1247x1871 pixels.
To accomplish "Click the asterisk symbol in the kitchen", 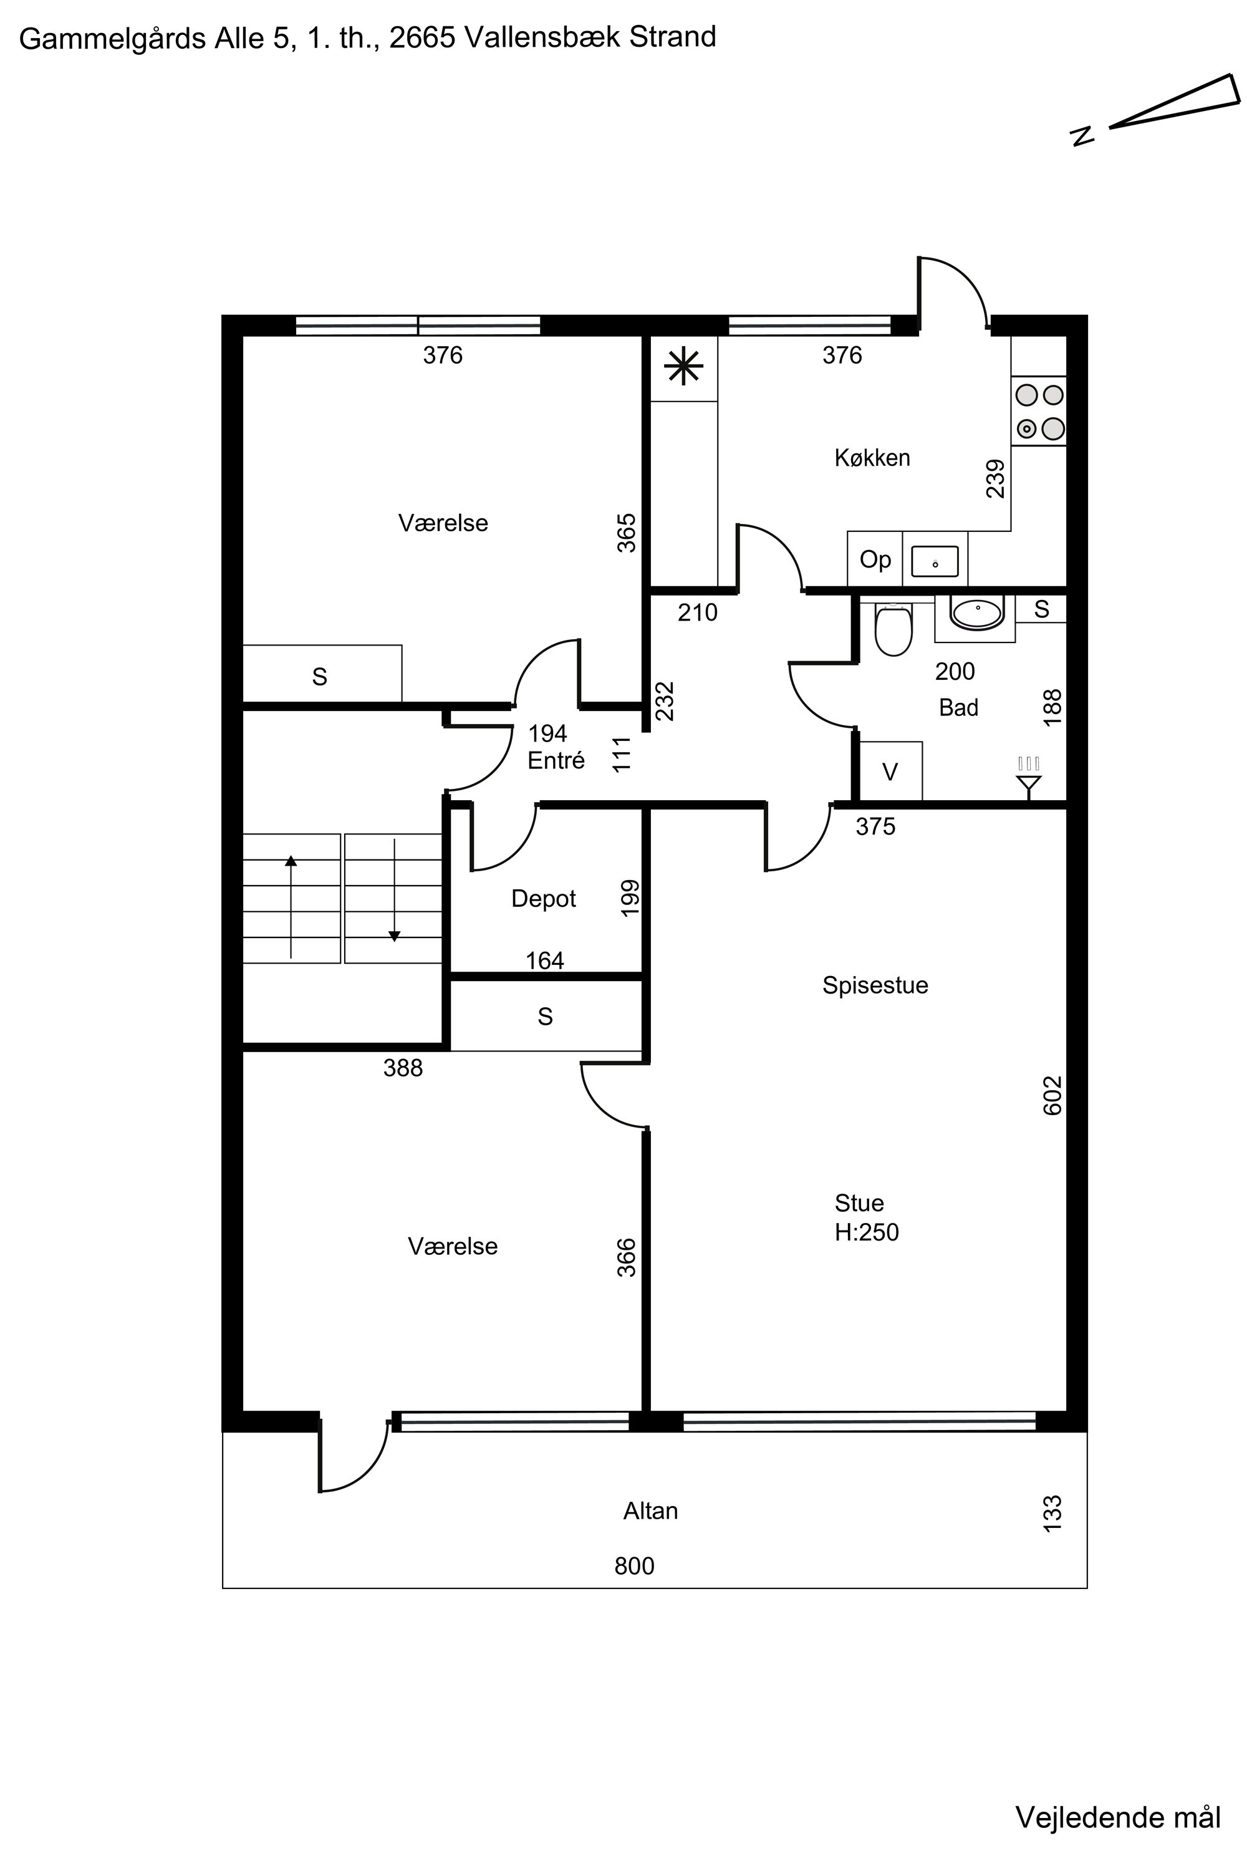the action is [684, 367].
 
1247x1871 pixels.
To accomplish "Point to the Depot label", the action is [543, 899].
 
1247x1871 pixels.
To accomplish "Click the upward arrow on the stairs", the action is [291, 906].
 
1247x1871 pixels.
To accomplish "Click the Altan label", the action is [650, 1511].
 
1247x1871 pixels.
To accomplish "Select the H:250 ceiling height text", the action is [866, 1232].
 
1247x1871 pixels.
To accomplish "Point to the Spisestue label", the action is [875, 985].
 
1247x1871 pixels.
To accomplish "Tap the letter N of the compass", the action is [1082, 135].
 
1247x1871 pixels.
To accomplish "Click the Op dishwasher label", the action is [875, 560].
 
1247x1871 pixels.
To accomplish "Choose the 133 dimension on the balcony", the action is [1052, 1514].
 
